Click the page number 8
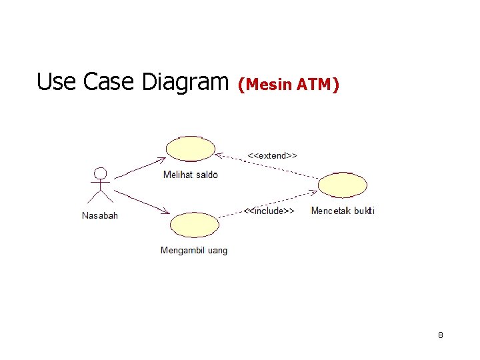tap(441, 335)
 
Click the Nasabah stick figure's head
tap(100, 173)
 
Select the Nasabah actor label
tap(100, 215)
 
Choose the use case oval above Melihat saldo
tap(191, 149)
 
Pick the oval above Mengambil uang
tap(194, 225)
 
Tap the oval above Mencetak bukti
tap(343, 185)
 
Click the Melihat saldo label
tap(191, 175)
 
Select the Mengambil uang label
tap(194, 251)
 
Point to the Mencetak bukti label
tap(343, 211)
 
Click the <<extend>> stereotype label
tap(272, 155)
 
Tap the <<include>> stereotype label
tap(269, 211)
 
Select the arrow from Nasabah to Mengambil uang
tap(141, 202)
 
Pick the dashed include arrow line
tap(267, 203)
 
